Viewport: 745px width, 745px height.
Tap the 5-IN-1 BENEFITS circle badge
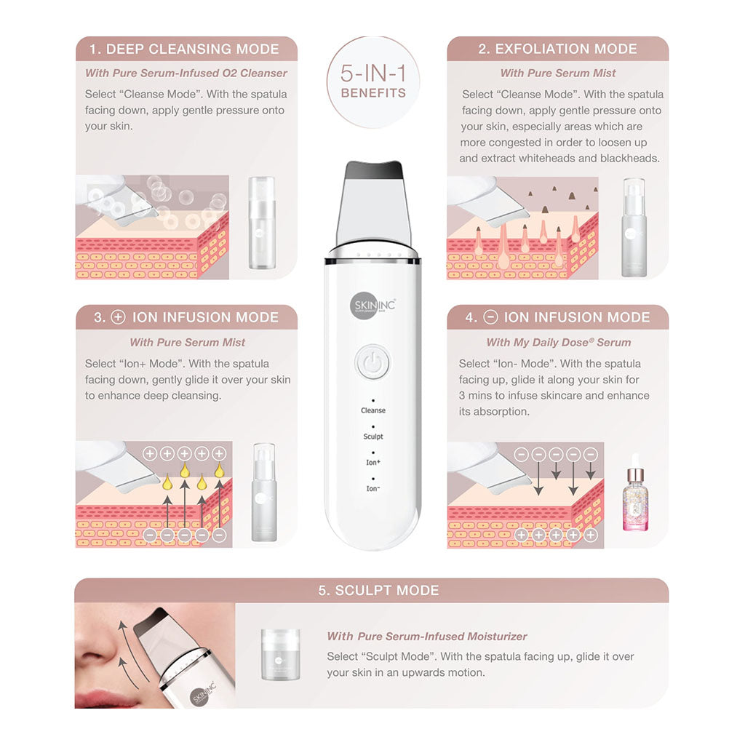pyautogui.click(x=372, y=82)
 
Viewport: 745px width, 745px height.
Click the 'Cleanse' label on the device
pyautogui.click(x=372, y=410)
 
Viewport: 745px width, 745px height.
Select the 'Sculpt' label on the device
pyautogui.click(x=372, y=437)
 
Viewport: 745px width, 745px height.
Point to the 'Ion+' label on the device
pyautogui.click(x=372, y=462)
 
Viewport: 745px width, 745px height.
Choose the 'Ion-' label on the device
pyautogui.click(x=372, y=488)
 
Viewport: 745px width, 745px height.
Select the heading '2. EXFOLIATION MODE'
pyautogui.click(x=557, y=49)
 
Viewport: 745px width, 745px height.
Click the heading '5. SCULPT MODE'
pyautogui.click(x=378, y=590)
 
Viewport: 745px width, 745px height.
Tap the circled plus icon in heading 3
pyautogui.click(x=119, y=317)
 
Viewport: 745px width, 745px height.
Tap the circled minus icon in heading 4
pyautogui.click(x=490, y=317)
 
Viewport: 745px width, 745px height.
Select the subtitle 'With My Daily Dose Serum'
pyautogui.click(x=558, y=342)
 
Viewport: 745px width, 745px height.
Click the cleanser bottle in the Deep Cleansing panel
pyautogui.click(x=262, y=222)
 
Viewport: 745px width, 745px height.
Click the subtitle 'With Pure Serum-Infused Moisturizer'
pyautogui.click(x=427, y=637)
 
